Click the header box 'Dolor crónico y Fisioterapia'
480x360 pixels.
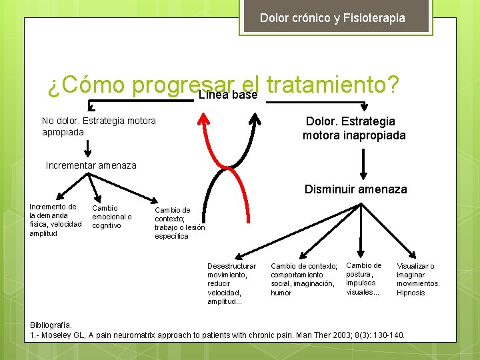332,18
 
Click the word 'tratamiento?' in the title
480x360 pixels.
332,85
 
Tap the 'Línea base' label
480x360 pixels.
228,95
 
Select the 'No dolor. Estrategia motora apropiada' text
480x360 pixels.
99,126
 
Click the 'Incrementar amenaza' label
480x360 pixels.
91,165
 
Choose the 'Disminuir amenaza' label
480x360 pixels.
355,189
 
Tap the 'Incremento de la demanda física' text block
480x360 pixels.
55,220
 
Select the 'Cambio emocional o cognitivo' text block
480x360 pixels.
111,217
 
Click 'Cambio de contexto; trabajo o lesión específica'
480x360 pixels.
179,223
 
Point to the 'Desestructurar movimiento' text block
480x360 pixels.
231,283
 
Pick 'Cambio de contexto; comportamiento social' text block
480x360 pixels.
303,279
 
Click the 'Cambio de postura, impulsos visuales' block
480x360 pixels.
364,279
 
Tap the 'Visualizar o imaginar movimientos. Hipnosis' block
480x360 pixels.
418,279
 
